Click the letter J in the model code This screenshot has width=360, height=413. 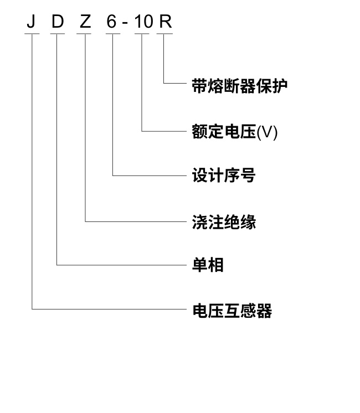[32, 22]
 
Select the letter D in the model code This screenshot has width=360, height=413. [58, 22]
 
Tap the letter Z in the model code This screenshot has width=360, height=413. [85, 22]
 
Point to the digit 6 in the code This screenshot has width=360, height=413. [112, 22]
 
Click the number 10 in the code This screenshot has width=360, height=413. [142, 22]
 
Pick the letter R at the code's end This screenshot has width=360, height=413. [164, 22]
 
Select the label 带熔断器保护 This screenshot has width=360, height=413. [239, 85]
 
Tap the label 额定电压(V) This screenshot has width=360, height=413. [234, 132]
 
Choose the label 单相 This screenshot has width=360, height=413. [207, 265]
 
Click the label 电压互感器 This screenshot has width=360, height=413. [232, 310]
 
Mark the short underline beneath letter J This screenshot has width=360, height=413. [32, 33]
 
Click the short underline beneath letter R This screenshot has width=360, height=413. [164, 33]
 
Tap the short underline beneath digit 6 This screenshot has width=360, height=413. [112, 33]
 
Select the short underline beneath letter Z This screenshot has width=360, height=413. [85, 33]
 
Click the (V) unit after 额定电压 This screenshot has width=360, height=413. [267, 132]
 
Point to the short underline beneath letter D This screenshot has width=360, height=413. [58, 33]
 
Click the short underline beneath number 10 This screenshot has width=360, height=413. [142, 33]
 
